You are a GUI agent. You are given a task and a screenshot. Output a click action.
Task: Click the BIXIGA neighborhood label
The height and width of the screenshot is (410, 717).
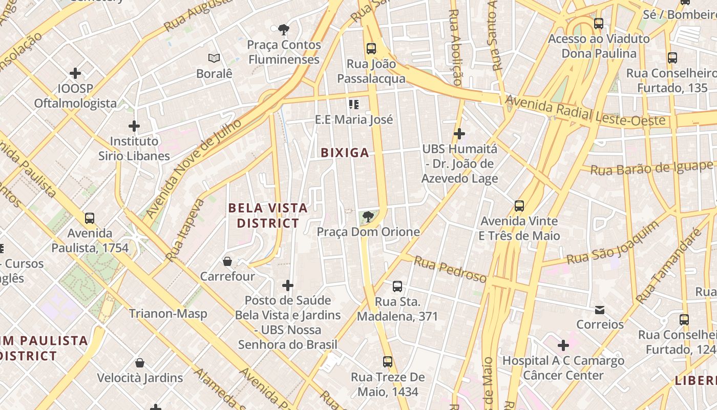pos(345,153)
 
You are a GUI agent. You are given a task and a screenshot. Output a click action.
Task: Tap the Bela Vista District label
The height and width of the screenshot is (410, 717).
pos(268,215)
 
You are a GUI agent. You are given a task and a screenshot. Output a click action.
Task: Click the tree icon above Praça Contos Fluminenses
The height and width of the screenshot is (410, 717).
pos(283,29)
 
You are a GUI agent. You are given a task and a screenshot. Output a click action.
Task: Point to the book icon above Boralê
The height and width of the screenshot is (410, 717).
pos(214,58)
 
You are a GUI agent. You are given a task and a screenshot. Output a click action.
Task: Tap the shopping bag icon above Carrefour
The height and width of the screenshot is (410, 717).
pos(227,262)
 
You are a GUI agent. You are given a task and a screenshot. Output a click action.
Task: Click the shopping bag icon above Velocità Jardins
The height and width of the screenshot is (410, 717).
pos(140,363)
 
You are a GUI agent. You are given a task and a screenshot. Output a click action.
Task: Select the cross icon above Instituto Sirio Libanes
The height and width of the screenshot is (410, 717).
pos(134,126)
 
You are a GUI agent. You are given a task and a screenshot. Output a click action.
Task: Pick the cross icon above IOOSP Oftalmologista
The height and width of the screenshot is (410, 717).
pos(75,73)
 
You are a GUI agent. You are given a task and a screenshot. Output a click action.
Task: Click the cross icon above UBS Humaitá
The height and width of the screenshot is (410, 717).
pos(459,134)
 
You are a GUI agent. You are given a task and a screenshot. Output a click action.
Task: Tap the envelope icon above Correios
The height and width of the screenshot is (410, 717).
pos(600,310)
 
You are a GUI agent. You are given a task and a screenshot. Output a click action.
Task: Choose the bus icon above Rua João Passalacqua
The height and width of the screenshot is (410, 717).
pos(371,49)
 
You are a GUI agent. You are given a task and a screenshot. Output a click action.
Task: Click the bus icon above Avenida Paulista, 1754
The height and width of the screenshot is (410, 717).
pos(90,218)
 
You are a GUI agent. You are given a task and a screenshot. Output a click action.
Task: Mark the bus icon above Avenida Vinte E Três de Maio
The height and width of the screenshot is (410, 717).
pos(519,207)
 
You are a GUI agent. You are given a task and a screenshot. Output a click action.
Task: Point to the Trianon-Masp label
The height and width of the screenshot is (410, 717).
pos(168,314)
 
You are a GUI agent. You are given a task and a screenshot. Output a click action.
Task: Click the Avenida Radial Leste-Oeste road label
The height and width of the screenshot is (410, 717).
pos(586,113)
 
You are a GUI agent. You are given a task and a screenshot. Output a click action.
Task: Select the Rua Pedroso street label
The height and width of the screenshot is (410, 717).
pos(450,270)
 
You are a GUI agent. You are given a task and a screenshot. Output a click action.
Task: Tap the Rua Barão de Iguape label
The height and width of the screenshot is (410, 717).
pos(651,168)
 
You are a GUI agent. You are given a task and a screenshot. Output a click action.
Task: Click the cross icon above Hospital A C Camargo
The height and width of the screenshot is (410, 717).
pos(563,345)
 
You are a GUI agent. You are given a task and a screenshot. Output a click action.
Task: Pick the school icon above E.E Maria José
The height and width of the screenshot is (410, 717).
pos(353,105)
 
